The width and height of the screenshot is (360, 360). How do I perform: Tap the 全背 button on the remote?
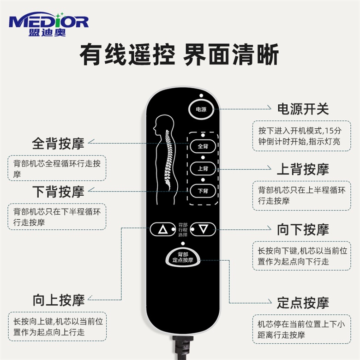(x=203, y=146)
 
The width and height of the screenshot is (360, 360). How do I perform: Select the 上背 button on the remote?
(x=203, y=169)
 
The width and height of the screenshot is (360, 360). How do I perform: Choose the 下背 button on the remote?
(x=203, y=191)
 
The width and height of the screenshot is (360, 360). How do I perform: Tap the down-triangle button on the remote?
(x=204, y=228)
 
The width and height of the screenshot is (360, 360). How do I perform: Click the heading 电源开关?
(x=303, y=109)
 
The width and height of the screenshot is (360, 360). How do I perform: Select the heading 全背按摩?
(x=58, y=143)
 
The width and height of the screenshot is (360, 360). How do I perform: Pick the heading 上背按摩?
(x=303, y=169)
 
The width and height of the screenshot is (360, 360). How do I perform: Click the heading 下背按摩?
(x=58, y=191)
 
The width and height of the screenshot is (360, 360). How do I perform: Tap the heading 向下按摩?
(x=303, y=229)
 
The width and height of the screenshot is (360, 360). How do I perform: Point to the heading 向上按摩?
(x=58, y=300)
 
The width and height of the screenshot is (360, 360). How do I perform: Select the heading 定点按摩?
(x=303, y=303)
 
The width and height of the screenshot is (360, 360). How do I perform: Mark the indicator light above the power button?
(x=201, y=96)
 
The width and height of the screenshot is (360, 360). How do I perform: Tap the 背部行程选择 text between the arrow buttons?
(x=183, y=229)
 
